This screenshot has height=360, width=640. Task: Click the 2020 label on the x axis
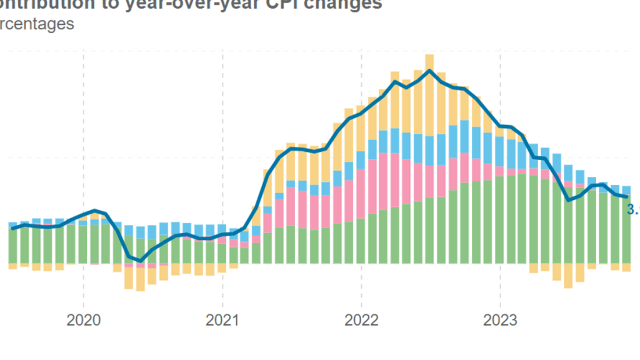coord(84,321)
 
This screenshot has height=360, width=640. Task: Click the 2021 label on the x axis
coord(222,321)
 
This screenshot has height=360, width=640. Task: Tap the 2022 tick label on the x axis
coord(362,321)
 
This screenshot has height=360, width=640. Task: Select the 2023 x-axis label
coord(501,321)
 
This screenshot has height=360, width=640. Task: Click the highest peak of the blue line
coord(429,71)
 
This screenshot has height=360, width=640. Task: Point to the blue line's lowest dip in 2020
coord(141,261)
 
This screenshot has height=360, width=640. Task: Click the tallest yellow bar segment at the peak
coord(429,94)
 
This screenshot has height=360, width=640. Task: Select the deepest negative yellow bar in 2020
coord(141,279)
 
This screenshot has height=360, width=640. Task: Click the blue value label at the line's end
coord(632,211)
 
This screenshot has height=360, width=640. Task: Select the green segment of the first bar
coord(12,246)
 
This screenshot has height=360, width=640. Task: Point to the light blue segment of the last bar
coord(626,190)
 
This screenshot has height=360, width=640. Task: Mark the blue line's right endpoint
coord(626,197)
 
